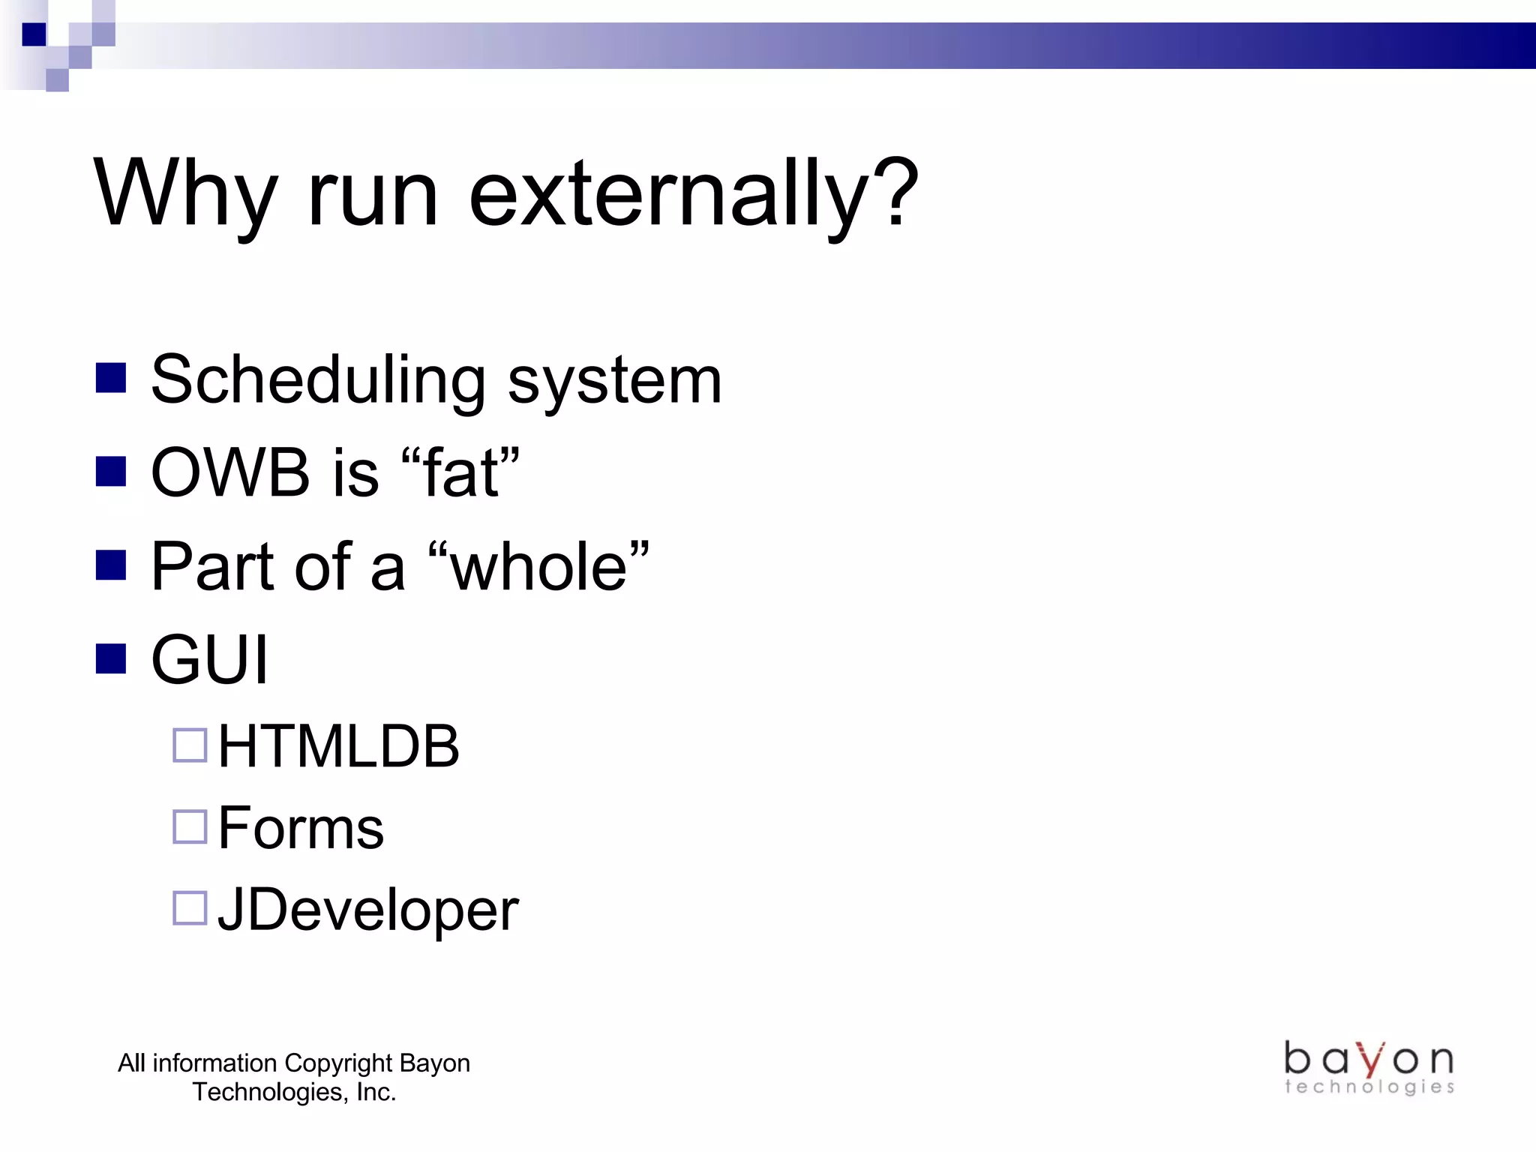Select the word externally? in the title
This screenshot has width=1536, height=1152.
(693, 193)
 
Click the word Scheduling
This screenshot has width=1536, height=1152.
(318, 381)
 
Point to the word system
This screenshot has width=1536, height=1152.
(614, 382)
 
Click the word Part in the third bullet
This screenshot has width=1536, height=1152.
(213, 567)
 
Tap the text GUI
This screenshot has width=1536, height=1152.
(209, 660)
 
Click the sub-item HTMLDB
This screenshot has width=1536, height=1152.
(338, 747)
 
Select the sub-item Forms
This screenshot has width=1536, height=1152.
(301, 828)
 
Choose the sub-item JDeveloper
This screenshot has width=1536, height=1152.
(367, 910)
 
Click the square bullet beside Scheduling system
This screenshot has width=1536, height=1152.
(111, 379)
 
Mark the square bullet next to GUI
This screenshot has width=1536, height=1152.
(111, 659)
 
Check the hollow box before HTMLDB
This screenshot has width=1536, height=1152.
(190, 745)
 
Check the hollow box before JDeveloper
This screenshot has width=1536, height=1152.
(190, 907)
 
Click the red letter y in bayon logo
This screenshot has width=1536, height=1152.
(1371, 1060)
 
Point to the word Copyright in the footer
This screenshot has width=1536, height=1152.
(338, 1063)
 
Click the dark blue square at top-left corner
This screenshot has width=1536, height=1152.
(34, 34)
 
